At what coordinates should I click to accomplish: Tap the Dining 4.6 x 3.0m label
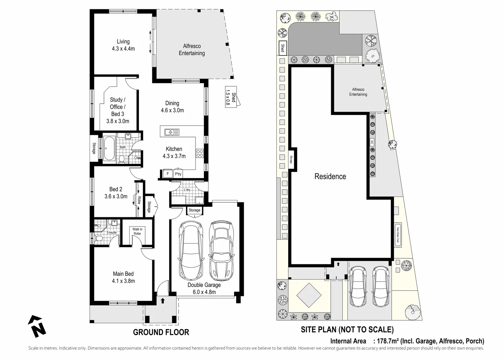172,107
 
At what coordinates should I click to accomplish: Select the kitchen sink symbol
172,132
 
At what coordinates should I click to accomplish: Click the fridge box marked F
168,173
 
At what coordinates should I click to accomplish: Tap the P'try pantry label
178,174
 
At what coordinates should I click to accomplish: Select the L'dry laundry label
187,190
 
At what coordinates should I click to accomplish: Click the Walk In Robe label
137,231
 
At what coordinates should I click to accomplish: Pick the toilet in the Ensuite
99,238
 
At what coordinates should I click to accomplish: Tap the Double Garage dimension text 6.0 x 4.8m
204,292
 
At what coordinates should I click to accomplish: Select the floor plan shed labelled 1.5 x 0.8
231,97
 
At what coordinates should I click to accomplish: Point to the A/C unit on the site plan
372,142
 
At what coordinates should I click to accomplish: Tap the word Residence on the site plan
330,176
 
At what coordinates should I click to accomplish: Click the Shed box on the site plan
282,48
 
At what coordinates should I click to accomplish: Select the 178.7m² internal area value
388,341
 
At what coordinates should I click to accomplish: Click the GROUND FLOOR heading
161,332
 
